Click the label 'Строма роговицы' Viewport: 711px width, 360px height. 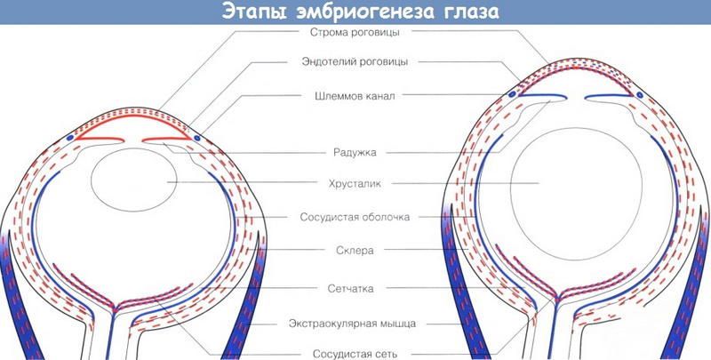coord(355,33)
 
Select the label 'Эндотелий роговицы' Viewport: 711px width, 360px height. coord(355,61)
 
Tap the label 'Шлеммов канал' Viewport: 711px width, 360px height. coord(355,96)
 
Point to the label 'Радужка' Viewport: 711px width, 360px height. coord(355,152)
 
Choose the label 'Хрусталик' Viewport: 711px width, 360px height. coord(355,184)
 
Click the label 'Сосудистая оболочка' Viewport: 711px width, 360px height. coord(355,217)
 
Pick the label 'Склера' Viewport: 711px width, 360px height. coord(355,251)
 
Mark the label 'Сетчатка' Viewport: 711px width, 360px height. coord(350,288)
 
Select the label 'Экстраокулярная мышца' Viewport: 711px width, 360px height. coord(352,324)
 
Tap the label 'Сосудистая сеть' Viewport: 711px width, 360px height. coord(355,353)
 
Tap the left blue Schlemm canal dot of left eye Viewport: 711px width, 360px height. coord(70,138)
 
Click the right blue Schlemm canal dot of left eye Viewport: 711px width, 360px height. coord(196,138)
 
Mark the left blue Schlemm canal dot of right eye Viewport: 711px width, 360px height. coord(513,95)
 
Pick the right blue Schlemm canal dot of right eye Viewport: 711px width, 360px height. coord(639,95)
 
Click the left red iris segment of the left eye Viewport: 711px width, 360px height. coord(99,139)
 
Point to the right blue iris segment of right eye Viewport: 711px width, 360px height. coord(609,97)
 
